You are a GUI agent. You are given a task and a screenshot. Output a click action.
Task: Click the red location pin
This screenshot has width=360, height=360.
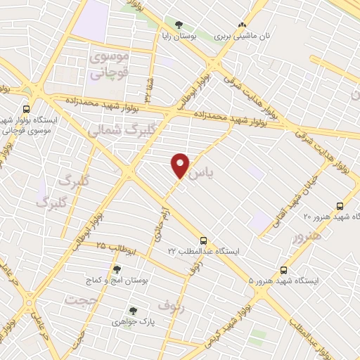tap(181, 164)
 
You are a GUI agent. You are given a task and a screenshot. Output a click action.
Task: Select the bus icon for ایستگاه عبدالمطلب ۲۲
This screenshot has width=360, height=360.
tap(203, 240)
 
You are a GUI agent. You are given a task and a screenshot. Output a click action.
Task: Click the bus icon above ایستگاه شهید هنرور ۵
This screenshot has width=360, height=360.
tap(284, 270)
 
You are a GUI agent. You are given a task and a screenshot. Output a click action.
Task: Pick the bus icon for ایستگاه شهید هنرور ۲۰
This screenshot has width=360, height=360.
tap(340, 206)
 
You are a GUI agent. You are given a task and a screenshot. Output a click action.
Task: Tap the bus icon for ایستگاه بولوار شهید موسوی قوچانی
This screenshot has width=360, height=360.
tap(27, 109)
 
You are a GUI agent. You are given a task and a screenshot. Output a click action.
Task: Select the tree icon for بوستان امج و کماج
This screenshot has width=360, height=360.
tap(116, 269)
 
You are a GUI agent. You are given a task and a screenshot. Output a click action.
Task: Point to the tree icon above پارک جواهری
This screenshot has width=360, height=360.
tap(132, 310)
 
